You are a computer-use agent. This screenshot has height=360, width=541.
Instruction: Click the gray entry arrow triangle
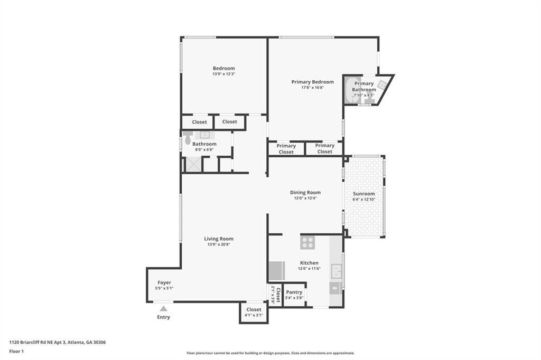point(164,308)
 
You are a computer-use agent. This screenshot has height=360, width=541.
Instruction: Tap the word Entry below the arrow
point(164,317)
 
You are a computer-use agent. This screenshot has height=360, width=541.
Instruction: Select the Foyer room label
point(164,283)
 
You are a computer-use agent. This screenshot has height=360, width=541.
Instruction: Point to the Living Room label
point(219,239)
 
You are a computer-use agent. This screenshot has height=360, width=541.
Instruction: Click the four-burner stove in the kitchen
point(307,243)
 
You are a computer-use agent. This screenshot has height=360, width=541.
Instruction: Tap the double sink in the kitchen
point(336,271)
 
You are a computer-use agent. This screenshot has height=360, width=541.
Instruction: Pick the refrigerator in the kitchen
point(276,271)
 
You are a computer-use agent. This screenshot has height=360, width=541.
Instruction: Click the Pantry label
point(294,292)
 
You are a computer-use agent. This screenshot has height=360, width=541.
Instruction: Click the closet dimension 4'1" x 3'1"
point(254,315)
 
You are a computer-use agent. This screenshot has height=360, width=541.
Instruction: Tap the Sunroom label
point(363,194)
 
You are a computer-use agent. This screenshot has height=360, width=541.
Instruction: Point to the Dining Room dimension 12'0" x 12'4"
point(305,198)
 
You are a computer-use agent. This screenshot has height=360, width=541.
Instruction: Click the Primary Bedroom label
point(312,82)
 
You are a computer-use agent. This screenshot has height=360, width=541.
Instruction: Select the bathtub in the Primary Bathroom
point(349,90)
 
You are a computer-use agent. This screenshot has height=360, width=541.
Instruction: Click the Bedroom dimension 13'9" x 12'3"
point(223,74)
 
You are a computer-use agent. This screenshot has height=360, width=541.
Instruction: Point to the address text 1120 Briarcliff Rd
point(57,342)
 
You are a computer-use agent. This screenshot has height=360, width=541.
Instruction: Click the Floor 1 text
point(17,350)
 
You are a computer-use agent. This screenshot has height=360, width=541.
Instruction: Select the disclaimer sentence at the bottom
point(270,353)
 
